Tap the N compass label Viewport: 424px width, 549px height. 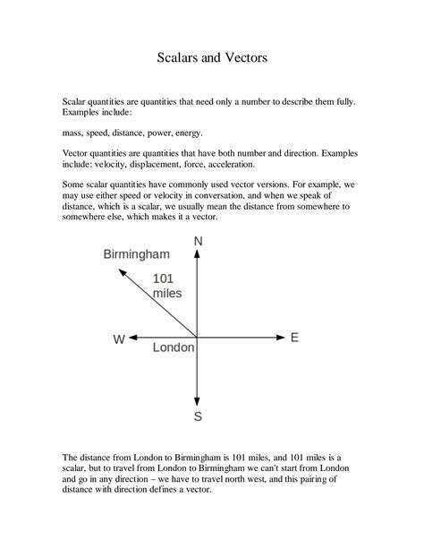198,242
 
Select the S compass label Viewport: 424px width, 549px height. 198,416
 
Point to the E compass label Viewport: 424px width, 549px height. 294,337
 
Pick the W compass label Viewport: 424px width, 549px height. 118,339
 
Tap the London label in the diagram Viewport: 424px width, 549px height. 174,347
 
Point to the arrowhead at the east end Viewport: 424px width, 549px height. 278,337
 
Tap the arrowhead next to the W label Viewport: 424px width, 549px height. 132,338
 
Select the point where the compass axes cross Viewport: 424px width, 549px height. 197,337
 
